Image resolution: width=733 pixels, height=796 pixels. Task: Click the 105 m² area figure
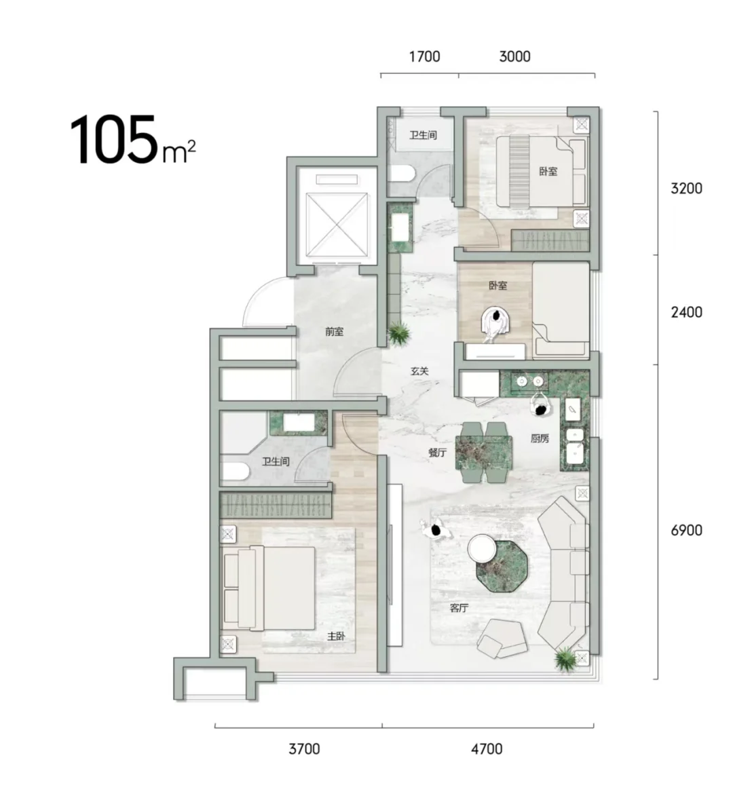pos(132,139)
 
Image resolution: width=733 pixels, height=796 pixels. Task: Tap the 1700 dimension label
pos(424,56)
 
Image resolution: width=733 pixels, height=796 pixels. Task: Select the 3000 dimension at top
pos(514,56)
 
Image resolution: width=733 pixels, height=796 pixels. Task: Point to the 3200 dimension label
pos(686,189)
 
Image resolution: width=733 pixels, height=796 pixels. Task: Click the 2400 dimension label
pos(686,311)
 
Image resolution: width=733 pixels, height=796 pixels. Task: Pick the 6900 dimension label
pos(686,531)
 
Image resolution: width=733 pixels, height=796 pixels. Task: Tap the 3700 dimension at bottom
pos(304,748)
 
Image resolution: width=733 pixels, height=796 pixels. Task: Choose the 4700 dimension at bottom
pos(487,748)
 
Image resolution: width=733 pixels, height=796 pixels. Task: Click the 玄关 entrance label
pos(420,371)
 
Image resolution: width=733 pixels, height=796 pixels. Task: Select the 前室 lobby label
pos(334,332)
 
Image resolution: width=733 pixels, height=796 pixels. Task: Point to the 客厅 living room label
pos(459,607)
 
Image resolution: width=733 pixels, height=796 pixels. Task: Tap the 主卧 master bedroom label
pos(336,636)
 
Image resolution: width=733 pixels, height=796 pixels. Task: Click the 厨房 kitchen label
pos(540,438)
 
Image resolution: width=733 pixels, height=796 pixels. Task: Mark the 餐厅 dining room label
pos(437,453)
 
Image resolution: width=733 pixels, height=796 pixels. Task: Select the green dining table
pos(483,453)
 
